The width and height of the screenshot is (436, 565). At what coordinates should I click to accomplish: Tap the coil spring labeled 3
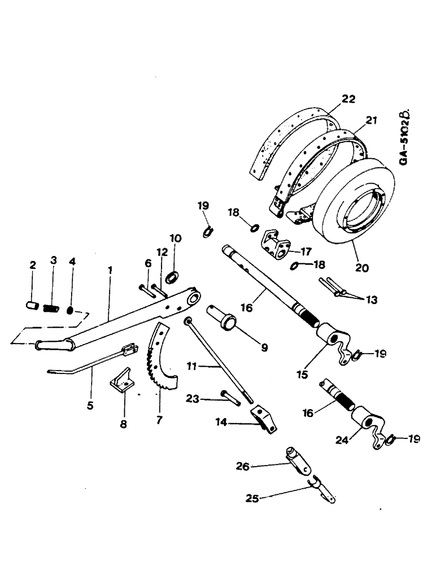tap(52, 308)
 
